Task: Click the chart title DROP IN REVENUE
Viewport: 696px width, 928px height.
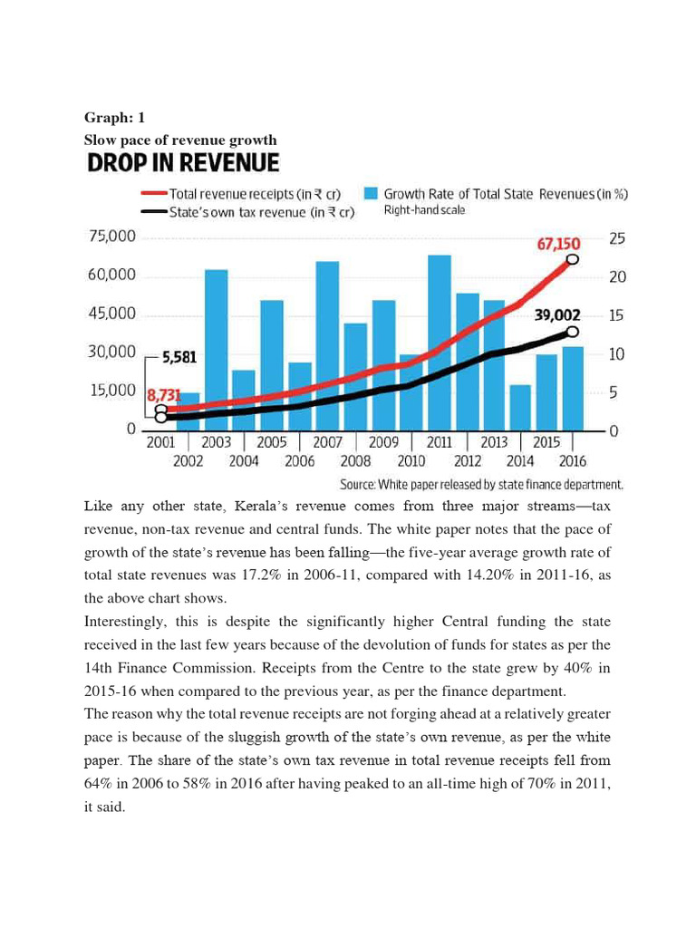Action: point(182,163)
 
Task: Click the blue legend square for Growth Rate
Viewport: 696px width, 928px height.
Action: point(371,193)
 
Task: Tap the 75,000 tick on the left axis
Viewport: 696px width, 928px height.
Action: point(111,237)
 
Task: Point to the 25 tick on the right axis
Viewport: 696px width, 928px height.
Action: point(617,238)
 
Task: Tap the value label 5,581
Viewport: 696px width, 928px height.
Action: point(179,358)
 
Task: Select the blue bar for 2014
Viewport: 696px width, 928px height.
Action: point(520,406)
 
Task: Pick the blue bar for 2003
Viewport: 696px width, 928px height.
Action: point(216,348)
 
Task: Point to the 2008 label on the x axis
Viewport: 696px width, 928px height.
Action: point(355,460)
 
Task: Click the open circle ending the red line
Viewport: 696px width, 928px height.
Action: point(573,259)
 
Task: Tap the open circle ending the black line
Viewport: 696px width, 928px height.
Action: point(573,332)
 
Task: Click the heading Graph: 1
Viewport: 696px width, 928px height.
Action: point(114,118)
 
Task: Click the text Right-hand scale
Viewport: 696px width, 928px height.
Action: point(425,210)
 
